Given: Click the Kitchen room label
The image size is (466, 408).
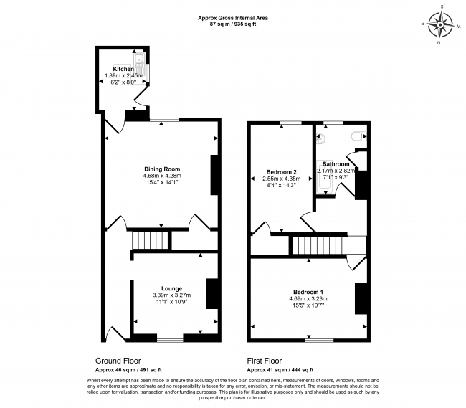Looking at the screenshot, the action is (123, 69).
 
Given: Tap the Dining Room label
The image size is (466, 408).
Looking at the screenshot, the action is (162, 169).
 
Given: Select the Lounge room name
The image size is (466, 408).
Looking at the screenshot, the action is (171, 288).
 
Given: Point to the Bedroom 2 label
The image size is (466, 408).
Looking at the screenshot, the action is (281, 172).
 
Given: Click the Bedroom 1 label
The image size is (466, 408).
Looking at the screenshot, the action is (308, 292).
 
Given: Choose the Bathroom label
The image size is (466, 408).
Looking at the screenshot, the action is (336, 164).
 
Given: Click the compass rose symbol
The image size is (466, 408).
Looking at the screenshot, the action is (440, 25).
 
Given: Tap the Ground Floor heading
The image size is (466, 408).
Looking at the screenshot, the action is (118, 361).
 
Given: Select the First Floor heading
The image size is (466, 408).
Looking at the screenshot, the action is (265, 361).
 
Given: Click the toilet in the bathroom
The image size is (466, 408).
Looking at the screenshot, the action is (358, 136).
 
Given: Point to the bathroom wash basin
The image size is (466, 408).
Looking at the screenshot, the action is (320, 138).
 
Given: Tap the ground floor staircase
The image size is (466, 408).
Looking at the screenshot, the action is (151, 240).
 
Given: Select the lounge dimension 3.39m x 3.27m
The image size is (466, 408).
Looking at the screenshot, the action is (171, 295).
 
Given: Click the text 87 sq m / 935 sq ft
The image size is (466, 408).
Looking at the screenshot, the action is (233, 24).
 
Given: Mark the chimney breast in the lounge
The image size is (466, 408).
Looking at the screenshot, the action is (211, 293).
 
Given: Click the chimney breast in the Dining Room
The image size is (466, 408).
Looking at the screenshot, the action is (214, 175).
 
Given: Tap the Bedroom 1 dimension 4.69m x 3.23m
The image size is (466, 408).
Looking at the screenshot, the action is (308, 298).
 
